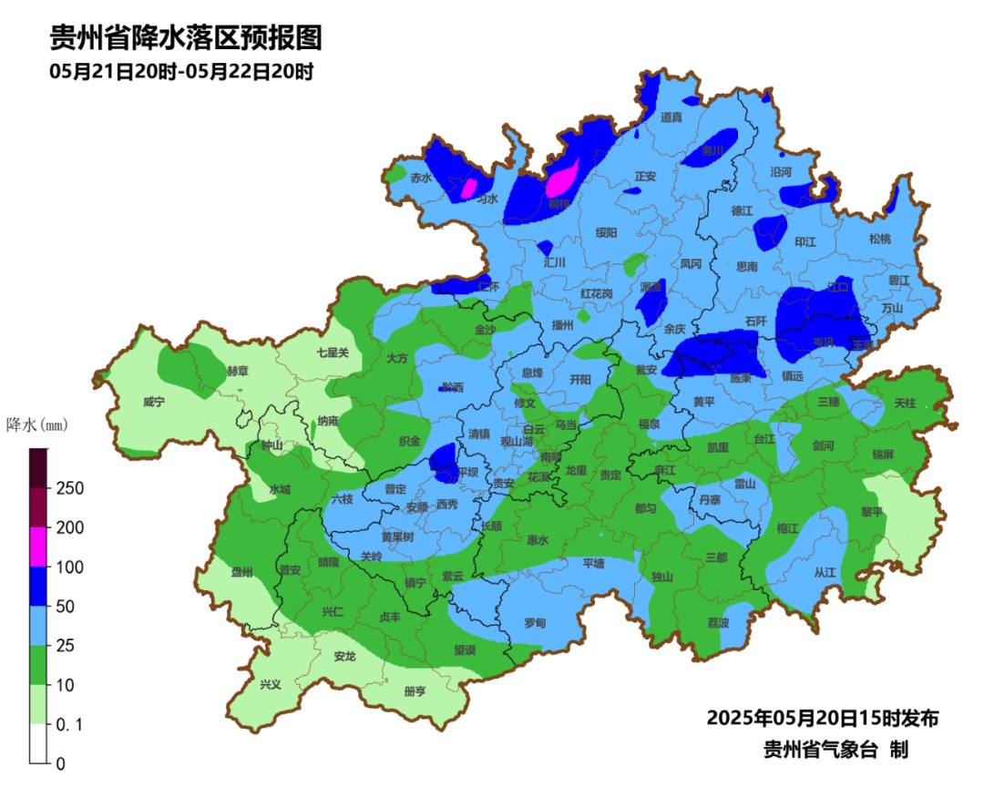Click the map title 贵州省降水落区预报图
[x=185, y=39]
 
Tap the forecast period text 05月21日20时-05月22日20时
[x=181, y=72]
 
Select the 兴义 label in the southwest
[x=271, y=684]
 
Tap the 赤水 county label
[x=420, y=178]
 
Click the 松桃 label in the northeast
[x=879, y=239]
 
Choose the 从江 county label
[x=825, y=573]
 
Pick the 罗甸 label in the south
[x=535, y=623]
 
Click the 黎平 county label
[x=872, y=512]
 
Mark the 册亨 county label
[x=415, y=691]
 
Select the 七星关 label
[x=333, y=353]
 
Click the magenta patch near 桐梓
[x=562, y=178]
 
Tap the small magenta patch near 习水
[x=470, y=189]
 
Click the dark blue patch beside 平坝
[x=444, y=461]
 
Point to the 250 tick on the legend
[x=71, y=488]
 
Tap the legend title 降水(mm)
[x=36, y=425]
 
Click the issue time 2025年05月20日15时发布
[x=822, y=718]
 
